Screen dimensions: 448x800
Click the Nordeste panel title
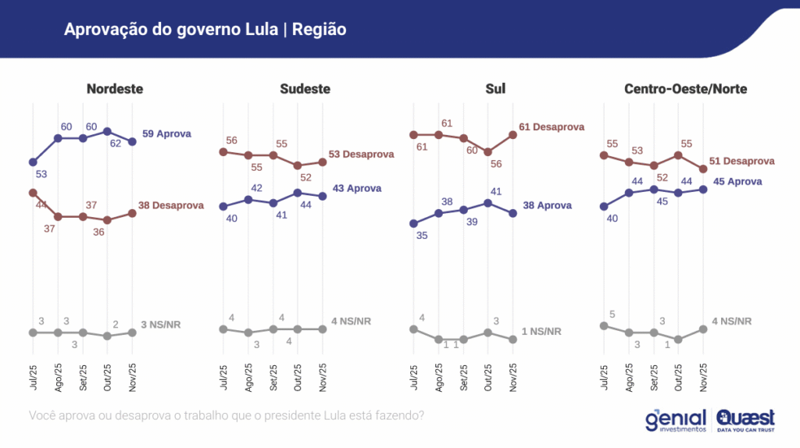tap(115, 89)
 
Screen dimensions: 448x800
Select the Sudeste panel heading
tap(305, 89)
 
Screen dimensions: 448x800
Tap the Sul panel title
tap(495, 89)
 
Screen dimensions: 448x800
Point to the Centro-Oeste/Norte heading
tap(685, 89)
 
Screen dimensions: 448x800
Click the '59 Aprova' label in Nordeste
tap(166, 134)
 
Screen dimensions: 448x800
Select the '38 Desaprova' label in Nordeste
tap(172, 206)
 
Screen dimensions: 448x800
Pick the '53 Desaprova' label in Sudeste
tap(361, 155)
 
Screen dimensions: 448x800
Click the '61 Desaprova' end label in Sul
tap(551, 127)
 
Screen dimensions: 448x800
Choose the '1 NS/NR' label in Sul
tap(542, 332)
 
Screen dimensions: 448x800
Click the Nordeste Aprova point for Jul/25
tap(33, 162)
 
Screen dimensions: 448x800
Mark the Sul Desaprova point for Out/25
tap(488, 152)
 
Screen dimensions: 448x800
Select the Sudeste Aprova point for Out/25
tap(298, 192)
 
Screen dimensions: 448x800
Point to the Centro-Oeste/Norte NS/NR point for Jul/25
tap(604, 325)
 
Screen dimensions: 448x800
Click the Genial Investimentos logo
tap(676, 420)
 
